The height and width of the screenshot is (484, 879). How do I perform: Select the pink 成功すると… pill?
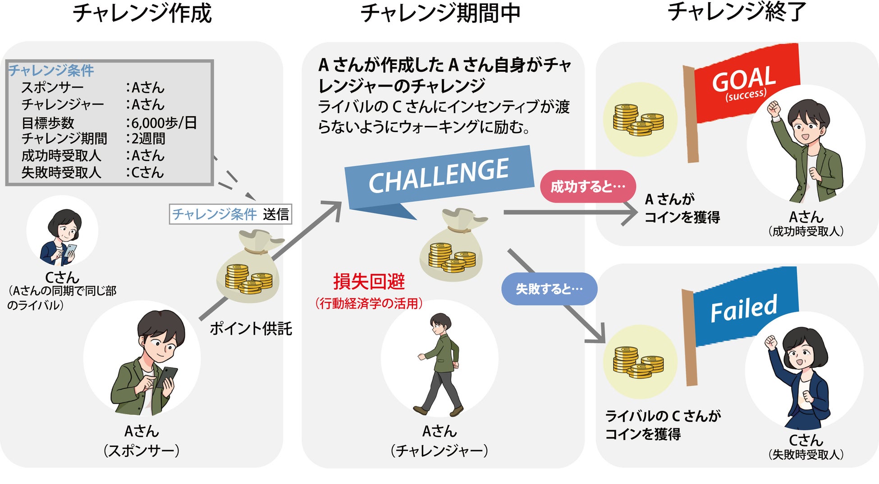click(x=588, y=186)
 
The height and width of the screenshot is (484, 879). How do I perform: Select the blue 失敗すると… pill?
click(x=549, y=289)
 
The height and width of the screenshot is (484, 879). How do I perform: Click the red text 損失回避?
click(x=369, y=282)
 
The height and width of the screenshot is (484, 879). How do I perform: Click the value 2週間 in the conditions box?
click(x=148, y=138)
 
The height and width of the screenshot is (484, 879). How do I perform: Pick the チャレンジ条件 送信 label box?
click(x=230, y=214)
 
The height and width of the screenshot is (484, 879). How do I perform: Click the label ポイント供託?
click(x=251, y=329)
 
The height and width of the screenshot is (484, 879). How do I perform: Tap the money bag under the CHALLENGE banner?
click(x=452, y=248)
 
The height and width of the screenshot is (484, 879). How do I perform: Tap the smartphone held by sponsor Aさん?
click(x=166, y=377)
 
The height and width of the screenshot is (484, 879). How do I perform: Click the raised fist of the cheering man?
click(x=774, y=108)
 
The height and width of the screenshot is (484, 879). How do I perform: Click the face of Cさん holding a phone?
click(x=66, y=231)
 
